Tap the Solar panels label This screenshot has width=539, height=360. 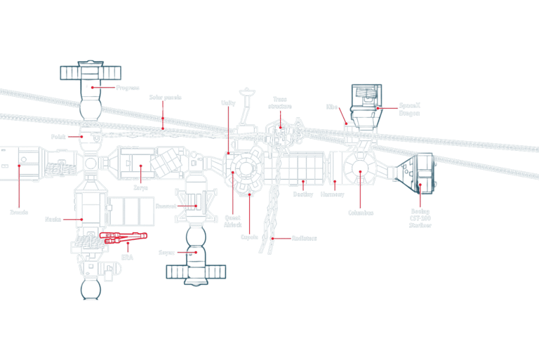tap(163, 98)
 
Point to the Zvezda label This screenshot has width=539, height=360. tap(19, 212)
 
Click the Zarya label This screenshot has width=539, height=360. tap(140, 188)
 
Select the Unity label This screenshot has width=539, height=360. tap(228, 103)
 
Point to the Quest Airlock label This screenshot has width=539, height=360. tap(232, 221)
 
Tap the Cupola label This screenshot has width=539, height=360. tap(251, 238)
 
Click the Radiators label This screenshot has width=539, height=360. tap(304, 239)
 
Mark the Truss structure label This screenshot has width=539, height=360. tap(279, 102)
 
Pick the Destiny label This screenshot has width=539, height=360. tap(303, 194)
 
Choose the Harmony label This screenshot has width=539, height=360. tap(332, 194)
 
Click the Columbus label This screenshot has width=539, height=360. tap(360, 213)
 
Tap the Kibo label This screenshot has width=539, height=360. tap(332, 107)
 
